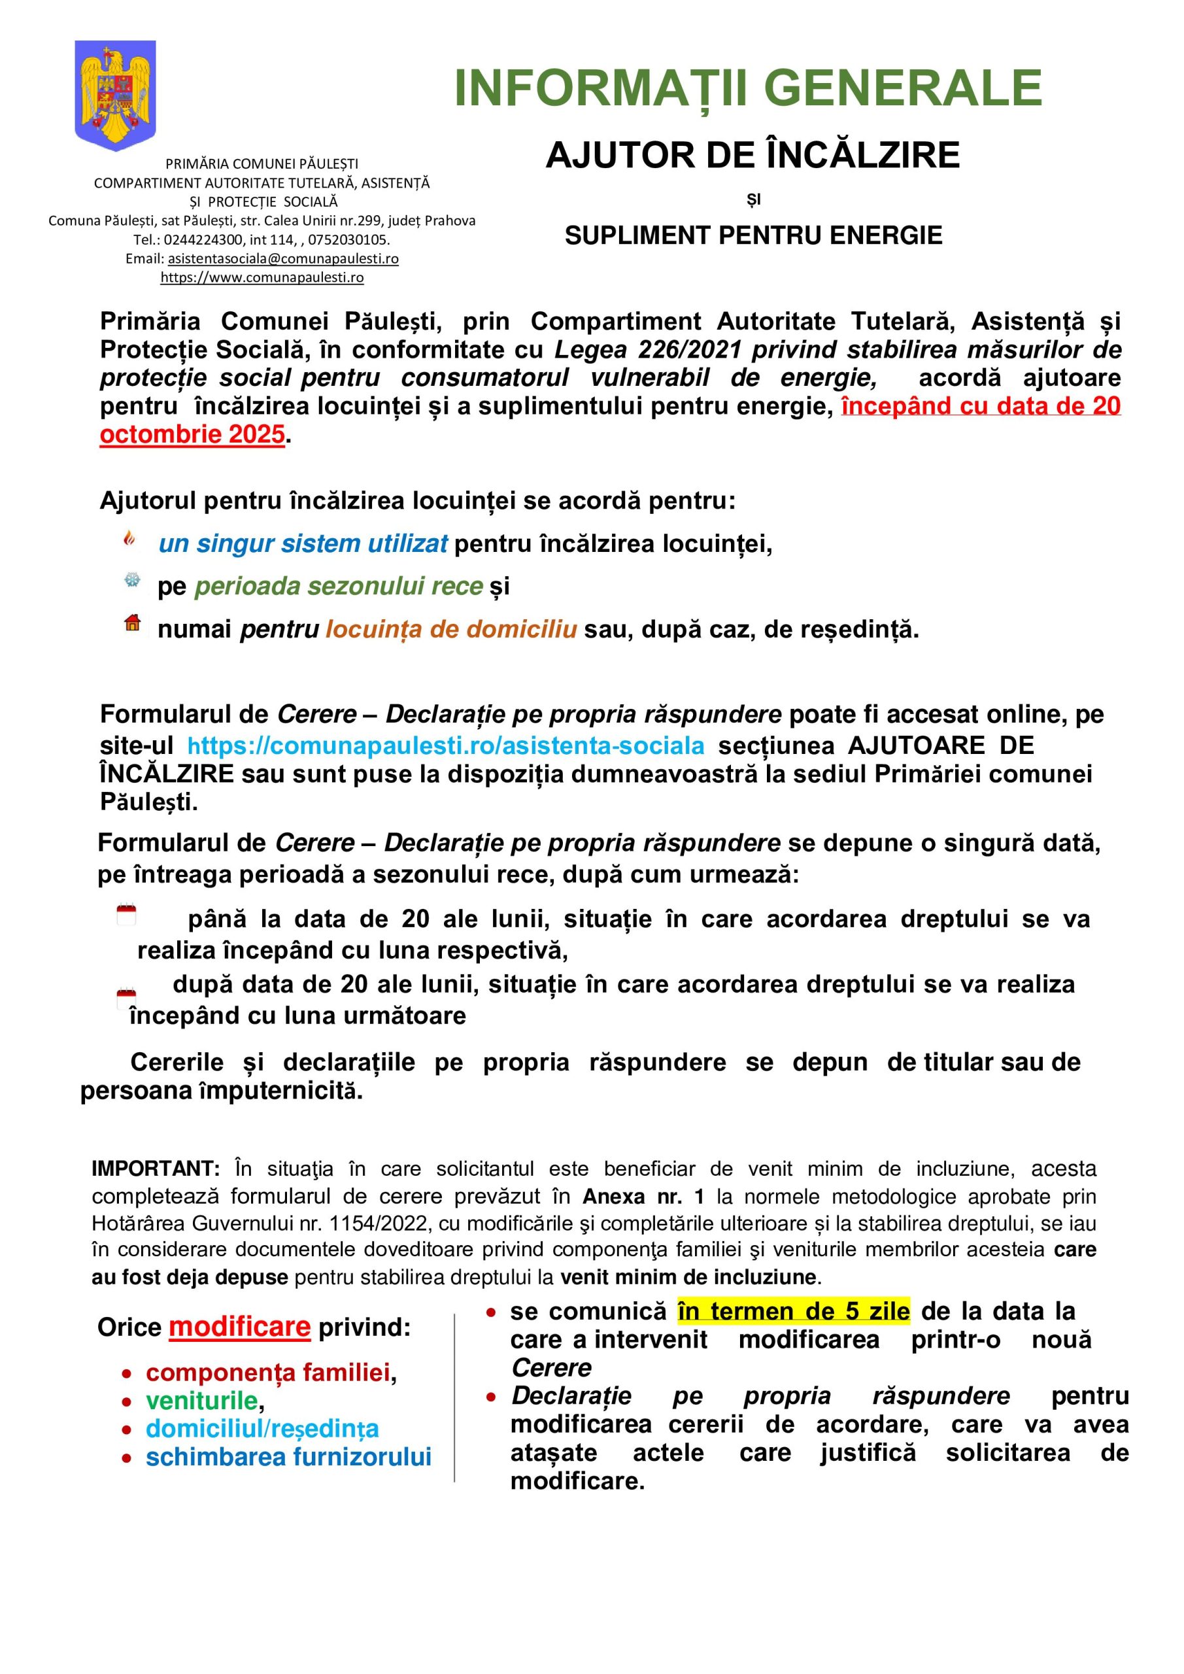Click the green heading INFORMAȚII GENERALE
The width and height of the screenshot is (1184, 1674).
748,88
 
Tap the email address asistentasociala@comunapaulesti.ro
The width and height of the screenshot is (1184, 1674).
283,259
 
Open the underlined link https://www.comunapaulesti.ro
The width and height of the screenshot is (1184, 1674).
262,278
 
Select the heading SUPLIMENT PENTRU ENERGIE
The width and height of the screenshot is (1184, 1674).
753,235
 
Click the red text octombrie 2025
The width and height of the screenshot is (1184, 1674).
192,435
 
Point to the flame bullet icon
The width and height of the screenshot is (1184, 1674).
129,539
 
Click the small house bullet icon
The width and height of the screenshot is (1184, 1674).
132,623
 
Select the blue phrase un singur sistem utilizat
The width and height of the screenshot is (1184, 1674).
303,544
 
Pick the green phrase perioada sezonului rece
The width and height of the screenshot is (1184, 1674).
338,586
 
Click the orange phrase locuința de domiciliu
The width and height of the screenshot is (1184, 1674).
450,629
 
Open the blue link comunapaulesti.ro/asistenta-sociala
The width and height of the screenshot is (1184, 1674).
445,745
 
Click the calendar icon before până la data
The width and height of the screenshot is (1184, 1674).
126,914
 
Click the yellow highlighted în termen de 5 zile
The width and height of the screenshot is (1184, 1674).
793,1312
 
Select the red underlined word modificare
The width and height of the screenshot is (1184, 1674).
239,1327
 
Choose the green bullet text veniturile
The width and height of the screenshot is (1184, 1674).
201,1401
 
